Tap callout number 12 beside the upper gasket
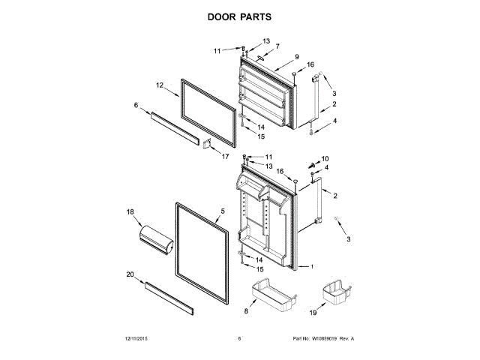coord(160,85)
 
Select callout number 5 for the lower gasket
coord(223,211)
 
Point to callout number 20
coord(130,275)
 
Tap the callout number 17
coord(224,156)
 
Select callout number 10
coord(325,158)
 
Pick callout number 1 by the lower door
coord(313,268)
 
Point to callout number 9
coord(296,57)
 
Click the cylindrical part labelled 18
coord(156,242)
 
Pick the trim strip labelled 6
coord(174,124)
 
